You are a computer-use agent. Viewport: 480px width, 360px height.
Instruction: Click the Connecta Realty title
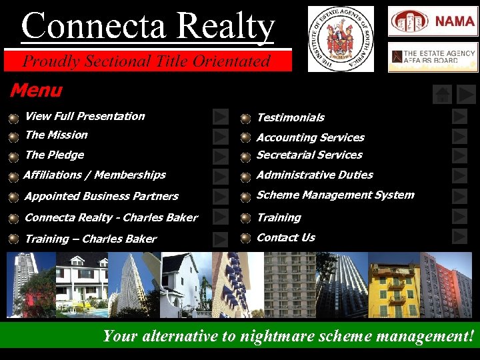click(x=147, y=27)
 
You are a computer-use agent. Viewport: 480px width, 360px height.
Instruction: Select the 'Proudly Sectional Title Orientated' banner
click(x=147, y=61)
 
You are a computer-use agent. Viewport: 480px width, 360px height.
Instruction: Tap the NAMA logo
click(x=433, y=21)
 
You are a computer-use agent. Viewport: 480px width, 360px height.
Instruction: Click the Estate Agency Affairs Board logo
click(x=433, y=57)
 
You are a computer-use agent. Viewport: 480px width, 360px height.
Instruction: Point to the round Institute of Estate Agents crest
click(x=341, y=39)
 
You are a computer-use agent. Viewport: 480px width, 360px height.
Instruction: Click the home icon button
click(x=442, y=95)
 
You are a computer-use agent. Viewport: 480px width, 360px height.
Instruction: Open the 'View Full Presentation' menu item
click(x=85, y=116)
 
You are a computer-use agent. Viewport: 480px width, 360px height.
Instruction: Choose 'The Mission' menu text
click(x=56, y=135)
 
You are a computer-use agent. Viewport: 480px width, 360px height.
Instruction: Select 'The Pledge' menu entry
click(x=54, y=155)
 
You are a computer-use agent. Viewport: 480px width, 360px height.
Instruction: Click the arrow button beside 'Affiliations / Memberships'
click(x=221, y=176)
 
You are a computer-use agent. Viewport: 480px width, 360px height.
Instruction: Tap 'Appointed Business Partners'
click(x=101, y=196)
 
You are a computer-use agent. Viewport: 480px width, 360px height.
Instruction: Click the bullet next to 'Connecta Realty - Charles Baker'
click(x=14, y=218)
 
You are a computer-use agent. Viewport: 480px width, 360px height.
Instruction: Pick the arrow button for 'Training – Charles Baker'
click(x=221, y=239)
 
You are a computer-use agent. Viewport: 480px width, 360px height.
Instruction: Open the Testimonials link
click(x=291, y=117)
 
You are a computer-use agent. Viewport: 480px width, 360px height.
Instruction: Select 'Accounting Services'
click(x=311, y=137)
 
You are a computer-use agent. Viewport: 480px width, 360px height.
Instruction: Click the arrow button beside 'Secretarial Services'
click(x=459, y=156)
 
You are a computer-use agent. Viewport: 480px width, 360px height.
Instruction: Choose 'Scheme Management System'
click(x=335, y=195)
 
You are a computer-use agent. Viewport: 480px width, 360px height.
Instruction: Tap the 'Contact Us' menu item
click(x=286, y=237)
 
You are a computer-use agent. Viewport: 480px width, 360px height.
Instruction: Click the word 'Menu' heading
click(x=35, y=90)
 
